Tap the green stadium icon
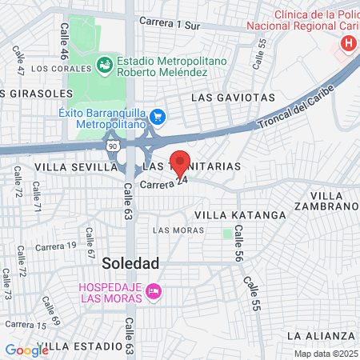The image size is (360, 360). [104, 63]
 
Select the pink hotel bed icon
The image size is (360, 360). [154, 293]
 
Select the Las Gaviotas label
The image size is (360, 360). [233, 98]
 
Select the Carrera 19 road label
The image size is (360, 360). [56, 245]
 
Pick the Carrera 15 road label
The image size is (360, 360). [25, 325]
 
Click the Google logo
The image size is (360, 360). [26, 350]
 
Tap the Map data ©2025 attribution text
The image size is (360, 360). [326, 354]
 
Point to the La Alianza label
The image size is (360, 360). [320, 334]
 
